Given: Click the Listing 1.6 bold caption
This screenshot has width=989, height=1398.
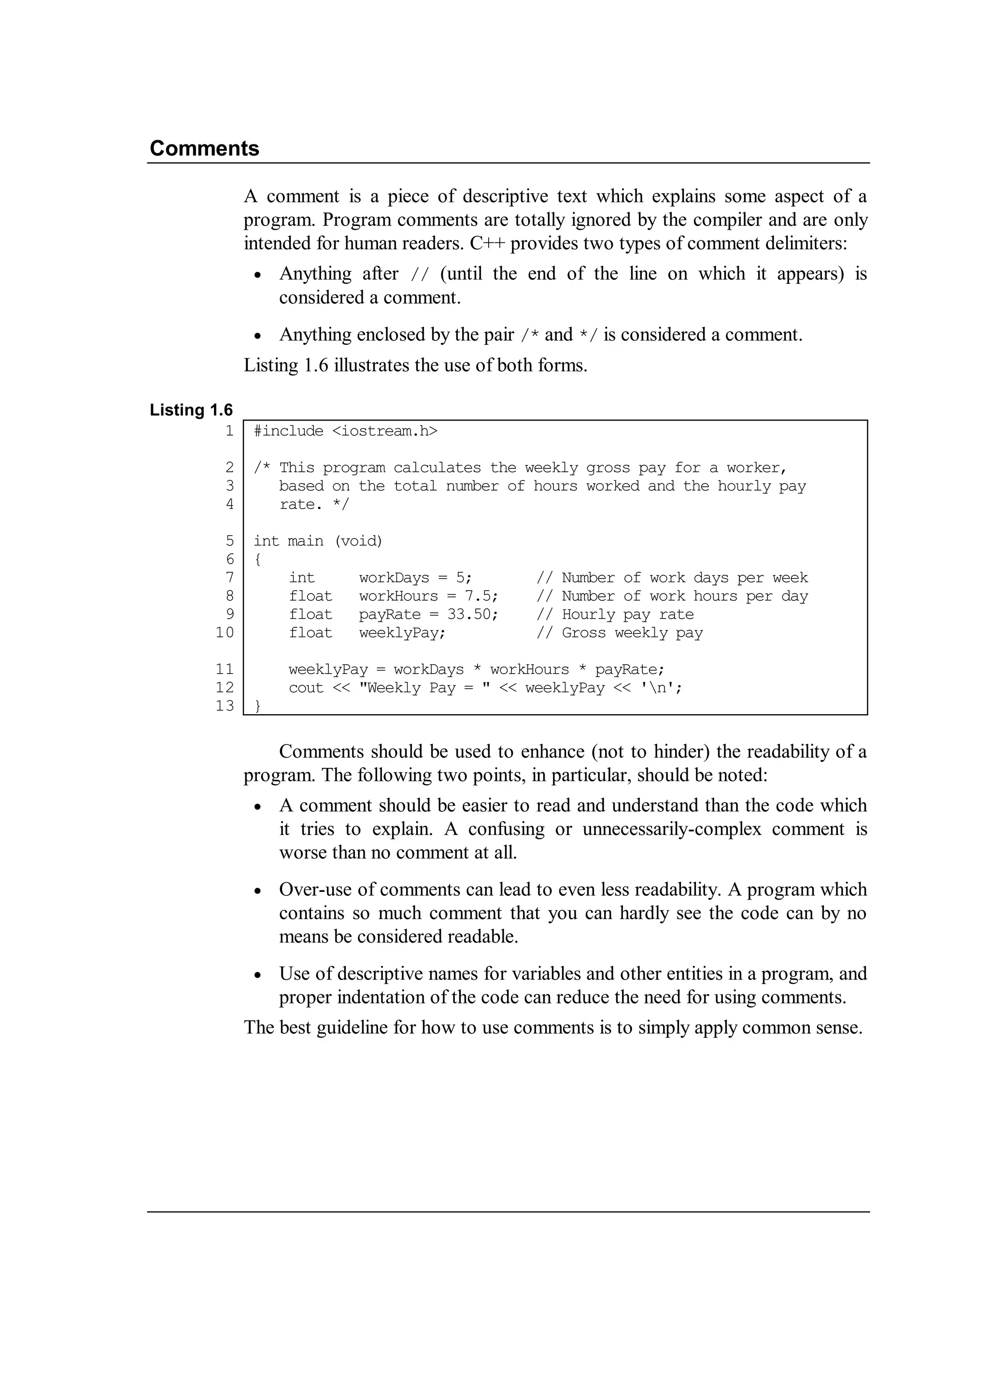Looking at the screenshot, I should click(191, 410).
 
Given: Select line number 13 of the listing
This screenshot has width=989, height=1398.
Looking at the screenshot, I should click(225, 706).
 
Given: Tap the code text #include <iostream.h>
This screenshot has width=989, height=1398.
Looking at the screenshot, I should click(345, 431).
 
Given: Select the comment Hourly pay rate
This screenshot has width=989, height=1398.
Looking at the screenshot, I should click(627, 614).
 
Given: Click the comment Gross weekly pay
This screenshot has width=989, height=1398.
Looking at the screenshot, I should click(632, 633).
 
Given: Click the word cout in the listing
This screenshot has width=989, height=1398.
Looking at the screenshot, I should click(306, 688).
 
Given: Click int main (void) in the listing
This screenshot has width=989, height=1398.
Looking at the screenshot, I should click(317, 541).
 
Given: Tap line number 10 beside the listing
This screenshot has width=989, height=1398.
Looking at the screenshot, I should click(225, 633).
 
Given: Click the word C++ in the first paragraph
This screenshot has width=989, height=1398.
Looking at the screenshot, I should click(487, 243).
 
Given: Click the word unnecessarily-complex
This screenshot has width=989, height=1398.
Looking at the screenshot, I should click(672, 829).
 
